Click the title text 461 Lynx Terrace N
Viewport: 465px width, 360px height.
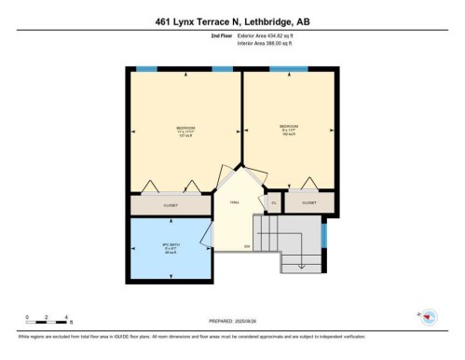pos(232,20)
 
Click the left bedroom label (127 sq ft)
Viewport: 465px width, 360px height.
pos(185,131)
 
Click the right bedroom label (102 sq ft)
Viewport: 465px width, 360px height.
pos(288,129)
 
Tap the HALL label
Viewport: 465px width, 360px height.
pos(235,201)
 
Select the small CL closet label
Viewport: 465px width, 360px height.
pos(274,201)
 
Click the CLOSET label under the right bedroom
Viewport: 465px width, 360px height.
pos(308,201)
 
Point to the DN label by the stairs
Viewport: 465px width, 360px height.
pos(247,246)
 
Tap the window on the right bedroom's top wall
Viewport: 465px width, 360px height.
pos(289,70)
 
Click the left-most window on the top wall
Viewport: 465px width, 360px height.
pos(146,70)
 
